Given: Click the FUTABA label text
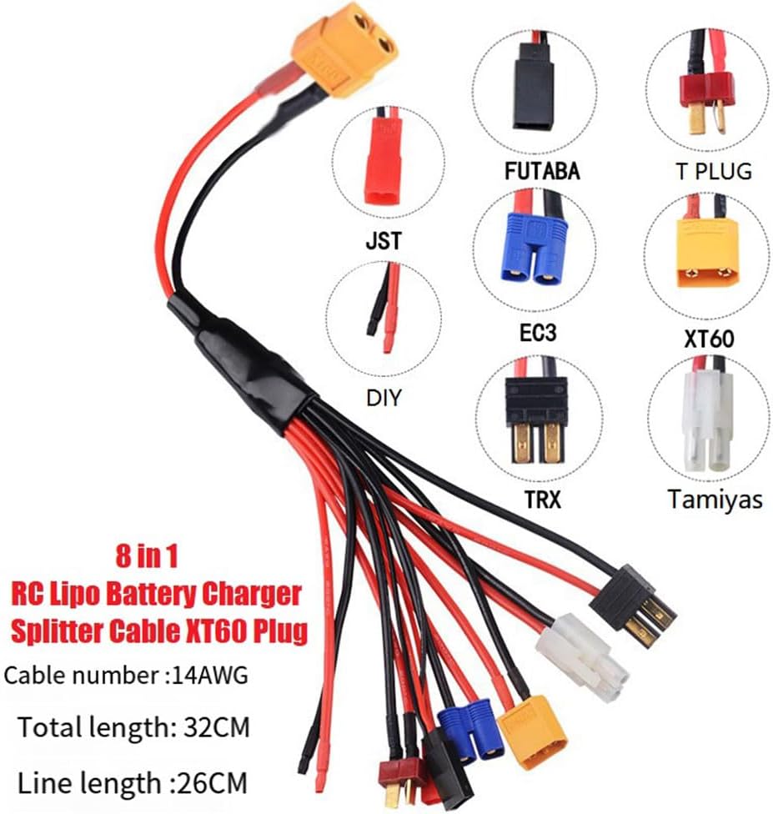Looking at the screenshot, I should tap(541, 171).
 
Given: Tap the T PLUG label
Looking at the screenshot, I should tap(713, 171).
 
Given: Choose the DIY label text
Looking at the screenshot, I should tap(384, 398).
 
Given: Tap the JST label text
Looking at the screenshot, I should tap(383, 241).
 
